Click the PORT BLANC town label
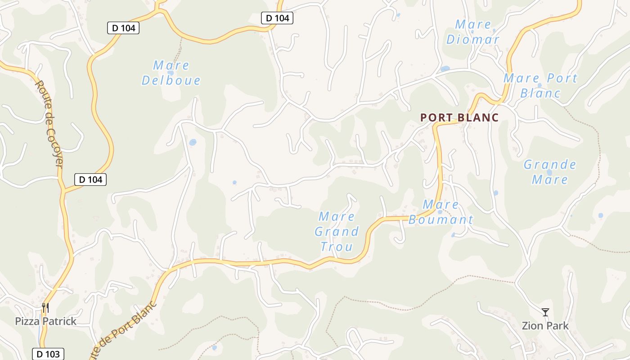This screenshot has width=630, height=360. (459, 117)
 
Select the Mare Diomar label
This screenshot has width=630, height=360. (472, 32)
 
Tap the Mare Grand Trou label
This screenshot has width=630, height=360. (336, 231)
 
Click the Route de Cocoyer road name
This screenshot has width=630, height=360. (48, 124)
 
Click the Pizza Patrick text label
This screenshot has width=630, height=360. (46, 321)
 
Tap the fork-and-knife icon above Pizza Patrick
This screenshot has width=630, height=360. (45, 308)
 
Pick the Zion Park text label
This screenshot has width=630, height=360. (545, 326)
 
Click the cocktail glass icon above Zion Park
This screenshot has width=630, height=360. (545, 312)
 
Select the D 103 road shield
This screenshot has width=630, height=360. (48, 354)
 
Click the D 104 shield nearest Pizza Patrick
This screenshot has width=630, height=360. (90, 180)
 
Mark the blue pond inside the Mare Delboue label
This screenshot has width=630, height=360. (171, 73)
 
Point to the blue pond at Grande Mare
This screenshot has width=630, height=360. (549, 172)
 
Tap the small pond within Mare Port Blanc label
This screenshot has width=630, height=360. (540, 85)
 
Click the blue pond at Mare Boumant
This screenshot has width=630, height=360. (440, 212)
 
